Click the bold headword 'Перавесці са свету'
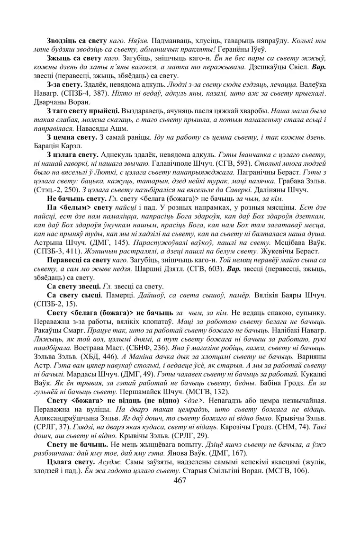tap(78, 261)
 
